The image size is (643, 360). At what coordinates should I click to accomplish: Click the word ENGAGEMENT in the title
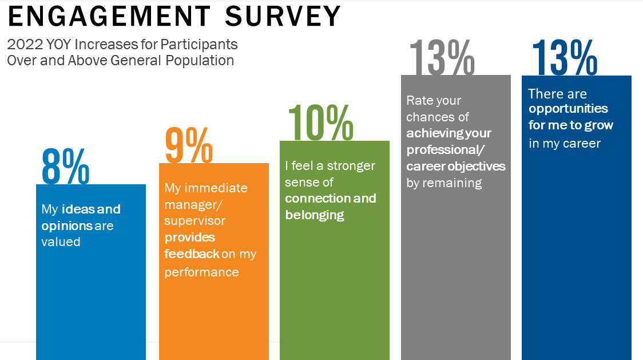coord(109,17)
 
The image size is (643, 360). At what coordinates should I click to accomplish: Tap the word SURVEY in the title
coord(283,17)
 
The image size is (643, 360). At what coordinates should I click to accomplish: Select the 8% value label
coord(66,167)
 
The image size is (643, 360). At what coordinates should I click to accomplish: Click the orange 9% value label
coord(189,145)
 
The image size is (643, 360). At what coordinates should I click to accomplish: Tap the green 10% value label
coord(321,122)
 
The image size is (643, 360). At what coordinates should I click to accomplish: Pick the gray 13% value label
coord(442,57)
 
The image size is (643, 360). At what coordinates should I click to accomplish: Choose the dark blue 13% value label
coord(565,57)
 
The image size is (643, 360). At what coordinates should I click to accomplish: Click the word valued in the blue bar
coord(61,242)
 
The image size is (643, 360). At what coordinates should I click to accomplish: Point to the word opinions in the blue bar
coord(67,226)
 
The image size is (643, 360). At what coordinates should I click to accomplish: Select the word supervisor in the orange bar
coord(195,221)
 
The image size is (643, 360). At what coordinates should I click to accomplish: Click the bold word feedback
coord(192,254)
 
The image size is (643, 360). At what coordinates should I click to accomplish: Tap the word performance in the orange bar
coord(201,272)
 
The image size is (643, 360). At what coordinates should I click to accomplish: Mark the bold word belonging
coord(315,216)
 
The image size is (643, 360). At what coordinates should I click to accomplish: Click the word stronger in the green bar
coord(351,166)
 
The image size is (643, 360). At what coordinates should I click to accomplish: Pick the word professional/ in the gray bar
coord(445,151)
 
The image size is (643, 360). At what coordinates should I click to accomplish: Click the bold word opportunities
coord(569,109)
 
